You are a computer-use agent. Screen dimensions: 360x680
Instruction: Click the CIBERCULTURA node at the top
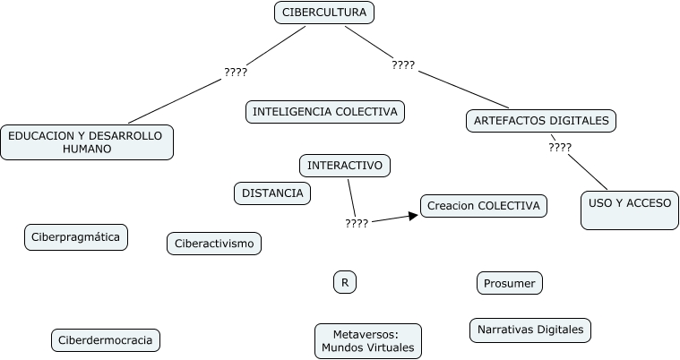(323, 13)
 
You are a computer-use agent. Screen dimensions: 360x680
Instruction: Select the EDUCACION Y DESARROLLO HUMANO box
(86, 141)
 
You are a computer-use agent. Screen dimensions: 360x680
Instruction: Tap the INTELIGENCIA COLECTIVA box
(324, 112)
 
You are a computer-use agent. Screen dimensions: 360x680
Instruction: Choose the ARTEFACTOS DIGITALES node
(542, 120)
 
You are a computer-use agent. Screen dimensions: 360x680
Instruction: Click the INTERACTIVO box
(344, 166)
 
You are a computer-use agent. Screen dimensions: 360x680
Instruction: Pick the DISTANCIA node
(272, 193)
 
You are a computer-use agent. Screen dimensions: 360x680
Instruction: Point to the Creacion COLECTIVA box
(483, 206)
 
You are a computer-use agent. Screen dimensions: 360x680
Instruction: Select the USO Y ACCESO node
(630, 210)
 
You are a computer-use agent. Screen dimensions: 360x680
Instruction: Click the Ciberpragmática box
(76, 236)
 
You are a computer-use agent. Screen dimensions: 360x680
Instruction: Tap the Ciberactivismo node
(214, 243)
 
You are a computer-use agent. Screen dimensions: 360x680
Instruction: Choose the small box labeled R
(344, 282)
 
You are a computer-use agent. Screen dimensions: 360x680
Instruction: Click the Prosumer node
(509, 283)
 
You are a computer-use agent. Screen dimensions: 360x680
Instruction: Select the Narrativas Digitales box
(530, 330)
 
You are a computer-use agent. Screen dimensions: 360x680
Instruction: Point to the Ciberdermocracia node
(107, 339)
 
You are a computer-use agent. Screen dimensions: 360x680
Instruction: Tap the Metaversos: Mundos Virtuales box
(367, 340)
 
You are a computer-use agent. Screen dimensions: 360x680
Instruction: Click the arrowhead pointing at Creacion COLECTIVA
(414, 215)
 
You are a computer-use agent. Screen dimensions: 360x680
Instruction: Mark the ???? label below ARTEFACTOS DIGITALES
(560, 147)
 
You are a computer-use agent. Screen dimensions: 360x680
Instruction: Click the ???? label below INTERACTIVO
(357, 224)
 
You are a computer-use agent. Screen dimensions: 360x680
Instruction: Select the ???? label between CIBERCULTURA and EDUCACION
(235, 72)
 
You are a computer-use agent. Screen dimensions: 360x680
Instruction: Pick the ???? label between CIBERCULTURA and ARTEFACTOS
(403, 64)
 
